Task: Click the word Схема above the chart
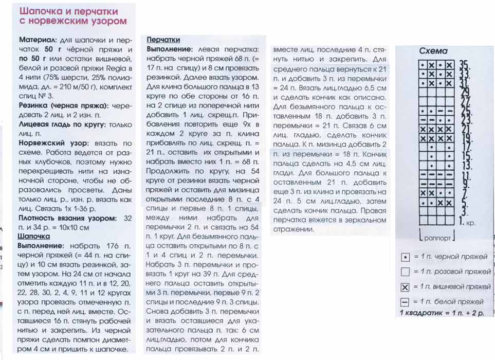click(433, 51)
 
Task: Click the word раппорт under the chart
click(437, 238)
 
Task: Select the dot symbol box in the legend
click(405, 257)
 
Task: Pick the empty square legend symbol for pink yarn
click(405, 272)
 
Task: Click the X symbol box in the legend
click(405, 286)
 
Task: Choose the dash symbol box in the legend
click(405, 301)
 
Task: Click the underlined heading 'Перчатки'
click(163, 40)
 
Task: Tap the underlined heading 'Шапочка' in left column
click(33, 236)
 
